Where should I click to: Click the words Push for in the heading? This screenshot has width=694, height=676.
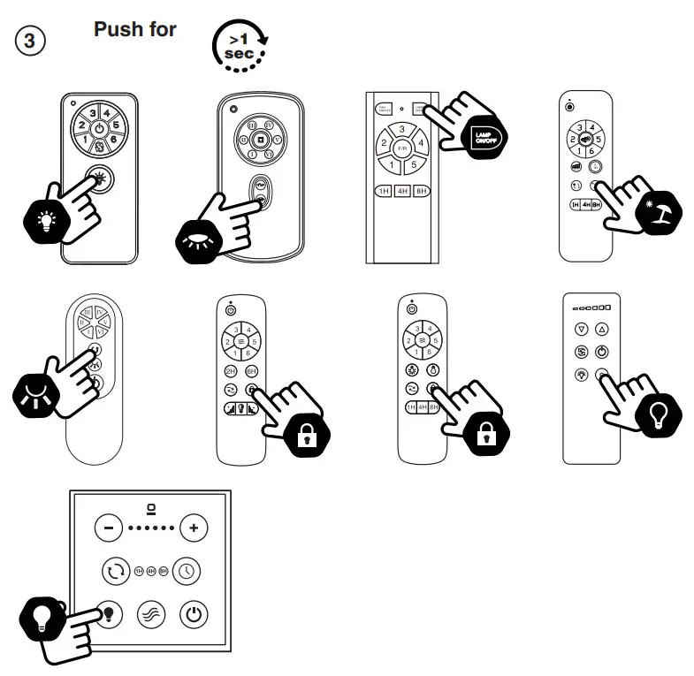pos(134,29)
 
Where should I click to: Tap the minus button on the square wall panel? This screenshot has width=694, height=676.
pos(108,528)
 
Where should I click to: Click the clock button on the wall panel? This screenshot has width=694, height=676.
pos(187,570)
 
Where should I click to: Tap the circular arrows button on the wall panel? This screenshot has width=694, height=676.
pos(115,570)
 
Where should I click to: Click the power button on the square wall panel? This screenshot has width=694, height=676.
pos(194,613)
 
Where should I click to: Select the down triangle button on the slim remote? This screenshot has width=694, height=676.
pos(581,330)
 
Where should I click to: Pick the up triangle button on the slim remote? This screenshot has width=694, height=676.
pos(602,330)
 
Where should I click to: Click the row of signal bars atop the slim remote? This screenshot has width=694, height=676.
pos(591,307)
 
